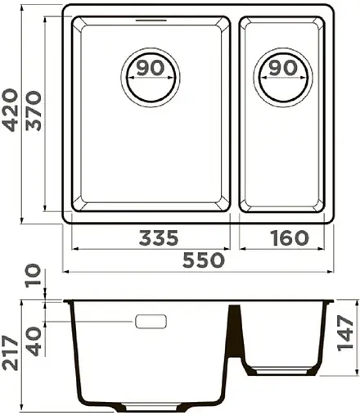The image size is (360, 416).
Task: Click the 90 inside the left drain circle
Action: point(150,68)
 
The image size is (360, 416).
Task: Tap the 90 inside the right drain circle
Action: point(282,68)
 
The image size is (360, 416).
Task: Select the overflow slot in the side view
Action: point(152,321)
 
